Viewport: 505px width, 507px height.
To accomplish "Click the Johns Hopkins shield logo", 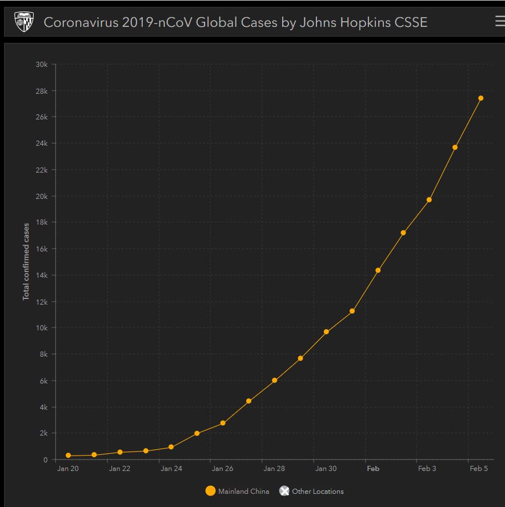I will coord(24,22).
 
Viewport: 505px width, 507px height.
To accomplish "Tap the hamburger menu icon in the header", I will coord(499,22).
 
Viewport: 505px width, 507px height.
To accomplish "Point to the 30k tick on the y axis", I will coord(42,64).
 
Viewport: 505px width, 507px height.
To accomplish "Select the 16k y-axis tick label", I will coord(42,249).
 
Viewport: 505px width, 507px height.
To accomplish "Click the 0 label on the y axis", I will coord(46,460).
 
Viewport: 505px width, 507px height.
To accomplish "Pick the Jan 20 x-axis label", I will coord(68,469).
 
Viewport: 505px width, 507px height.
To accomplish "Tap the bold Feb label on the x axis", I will coord(373,469).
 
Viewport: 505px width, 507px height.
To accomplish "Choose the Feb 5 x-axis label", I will coord(479,469).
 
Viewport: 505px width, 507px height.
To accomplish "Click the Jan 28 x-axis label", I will coord(274,469).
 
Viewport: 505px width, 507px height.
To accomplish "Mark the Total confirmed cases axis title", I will coord(26,262).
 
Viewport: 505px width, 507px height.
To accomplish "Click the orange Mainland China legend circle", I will coord(210,491).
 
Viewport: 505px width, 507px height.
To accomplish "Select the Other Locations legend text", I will coord(318,491).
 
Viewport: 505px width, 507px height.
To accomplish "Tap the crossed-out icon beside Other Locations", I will coord(284,491).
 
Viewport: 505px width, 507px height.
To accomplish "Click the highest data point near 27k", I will coord(480,98).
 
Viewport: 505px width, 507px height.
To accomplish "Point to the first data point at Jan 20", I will coord(69,456).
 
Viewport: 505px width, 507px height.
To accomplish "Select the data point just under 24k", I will coord(455,147).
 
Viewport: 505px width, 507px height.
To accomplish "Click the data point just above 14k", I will coord(378,270).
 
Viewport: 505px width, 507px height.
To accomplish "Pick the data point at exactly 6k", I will coord(274,380).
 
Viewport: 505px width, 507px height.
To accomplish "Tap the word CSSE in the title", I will coord(409,22).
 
